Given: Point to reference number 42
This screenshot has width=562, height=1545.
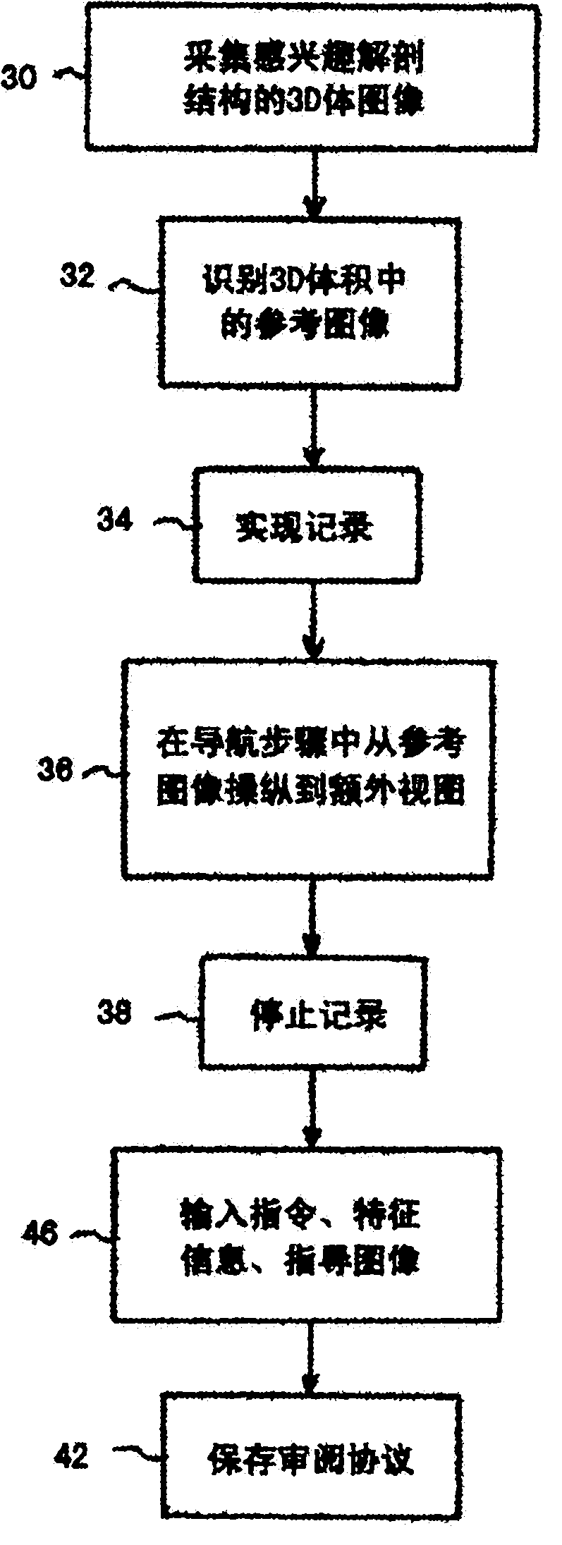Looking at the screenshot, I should (72, 1454).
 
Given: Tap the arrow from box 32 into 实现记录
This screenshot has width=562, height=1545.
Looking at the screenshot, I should (313, 427).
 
